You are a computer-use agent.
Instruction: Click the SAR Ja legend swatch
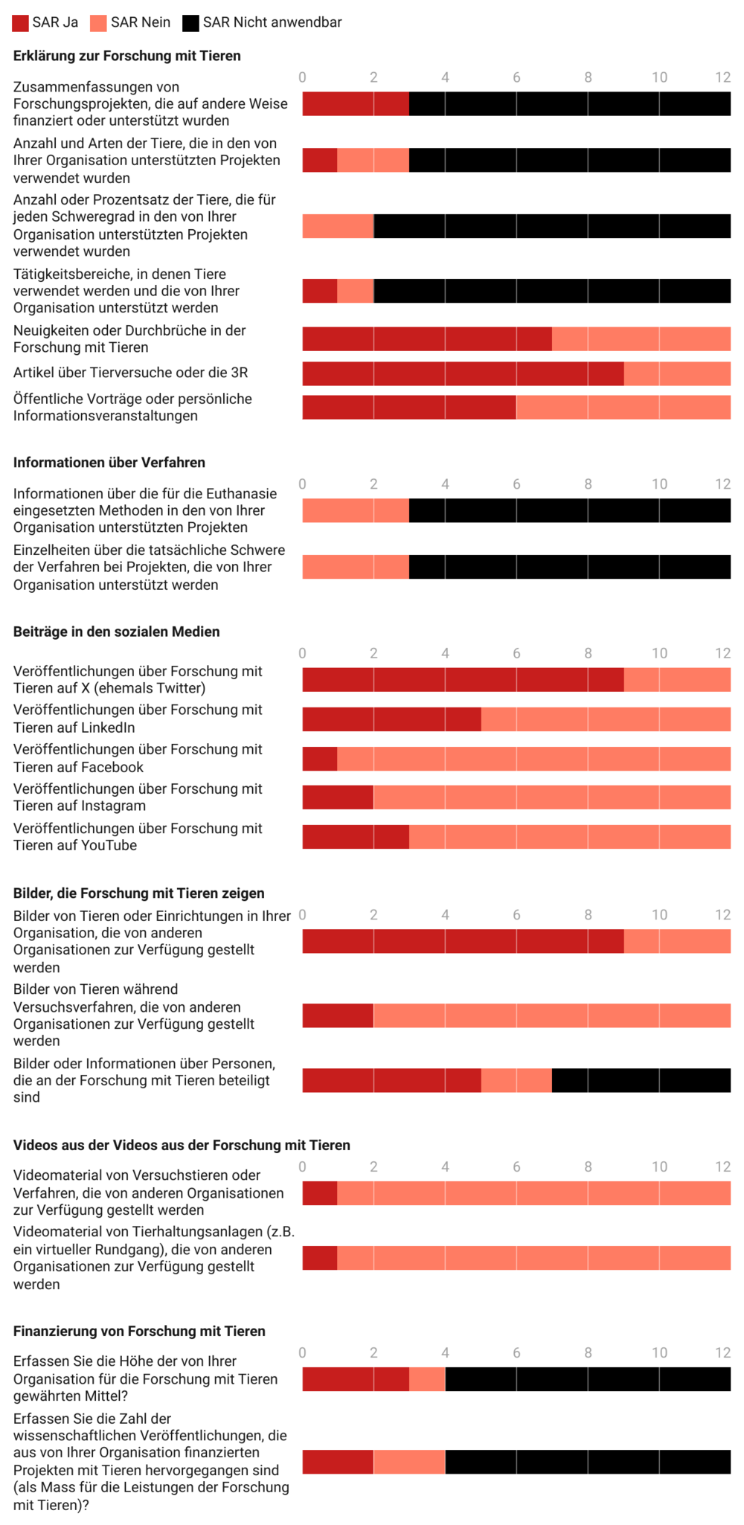(x=20, y=23)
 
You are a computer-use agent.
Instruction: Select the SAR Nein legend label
(x=140, y=22)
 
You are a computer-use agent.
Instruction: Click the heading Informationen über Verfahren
(x=109, y=462)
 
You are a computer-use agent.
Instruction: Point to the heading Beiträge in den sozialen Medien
(x=116, y=632)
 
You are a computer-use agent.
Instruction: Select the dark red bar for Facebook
(x=319, y=758)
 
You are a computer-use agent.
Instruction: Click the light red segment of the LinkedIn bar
(x=606, y=719)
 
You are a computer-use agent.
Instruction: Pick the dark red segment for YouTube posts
(x=355, y=836)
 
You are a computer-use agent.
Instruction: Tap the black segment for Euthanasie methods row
(x=569, y=510)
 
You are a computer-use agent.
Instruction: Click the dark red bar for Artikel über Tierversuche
(x=462, y=373)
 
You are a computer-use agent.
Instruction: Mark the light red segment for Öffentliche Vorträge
(x=623, y=407)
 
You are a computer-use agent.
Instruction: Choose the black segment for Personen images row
(x=641, y=1080)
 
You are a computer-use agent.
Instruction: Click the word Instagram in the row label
(x=115, y=806)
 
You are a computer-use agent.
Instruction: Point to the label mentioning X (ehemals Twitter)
(x=138, y=680)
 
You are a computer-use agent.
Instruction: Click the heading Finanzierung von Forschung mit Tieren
(x=139, y=1331)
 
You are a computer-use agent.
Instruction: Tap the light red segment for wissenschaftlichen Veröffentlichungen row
(x=408, y=1462)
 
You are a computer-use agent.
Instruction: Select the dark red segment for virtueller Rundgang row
(x=319, y=1258)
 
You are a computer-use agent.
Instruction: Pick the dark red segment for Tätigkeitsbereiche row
(x=319, y=291)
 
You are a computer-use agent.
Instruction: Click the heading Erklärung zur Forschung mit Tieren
(x=126, y=56)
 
